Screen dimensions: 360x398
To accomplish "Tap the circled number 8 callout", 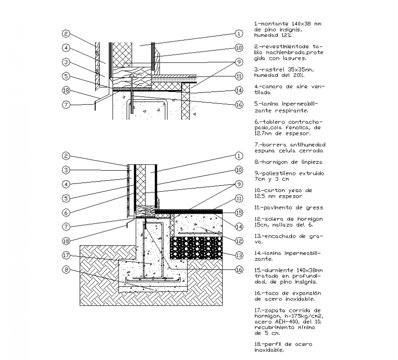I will (x=66, y=270).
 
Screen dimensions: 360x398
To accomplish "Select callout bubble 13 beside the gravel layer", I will (x=238, y=255).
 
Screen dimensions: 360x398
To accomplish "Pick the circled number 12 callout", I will (x=238, y=241).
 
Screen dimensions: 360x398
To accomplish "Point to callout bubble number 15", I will (x=238, y=212).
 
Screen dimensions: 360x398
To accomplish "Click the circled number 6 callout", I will (x=66, y=212).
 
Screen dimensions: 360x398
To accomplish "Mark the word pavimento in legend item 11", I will (x=276, y=207).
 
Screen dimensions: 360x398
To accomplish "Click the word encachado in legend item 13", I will (x=277, y=236).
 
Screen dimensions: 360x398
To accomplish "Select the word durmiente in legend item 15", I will (x=276, y=269).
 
